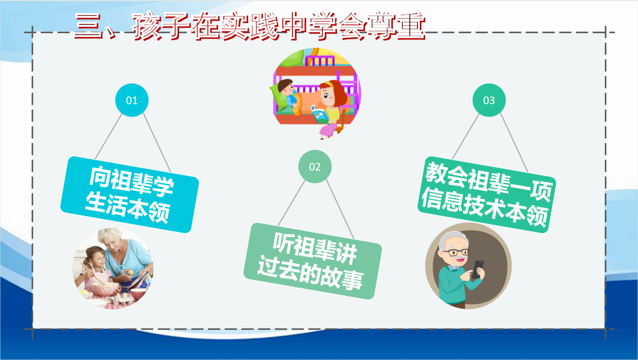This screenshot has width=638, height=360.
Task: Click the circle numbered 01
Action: click(132, 100)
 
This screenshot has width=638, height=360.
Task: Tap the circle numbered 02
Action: click(315, 167)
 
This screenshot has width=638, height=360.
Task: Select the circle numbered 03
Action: click(489, 100)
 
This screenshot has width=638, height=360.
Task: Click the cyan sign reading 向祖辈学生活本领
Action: click(129, 194)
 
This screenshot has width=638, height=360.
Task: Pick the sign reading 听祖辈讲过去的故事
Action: click(312, 261)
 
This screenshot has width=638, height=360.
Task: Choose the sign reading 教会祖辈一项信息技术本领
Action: click(487, 194)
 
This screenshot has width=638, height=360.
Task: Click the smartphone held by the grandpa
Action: click(478, 269)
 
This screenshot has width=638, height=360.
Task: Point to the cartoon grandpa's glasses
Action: click(455, 252)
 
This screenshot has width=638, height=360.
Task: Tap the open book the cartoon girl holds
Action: click(321, 115)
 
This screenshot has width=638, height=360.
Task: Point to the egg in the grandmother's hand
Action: click(130, 272)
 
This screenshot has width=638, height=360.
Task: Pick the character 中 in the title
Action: click(294, 26)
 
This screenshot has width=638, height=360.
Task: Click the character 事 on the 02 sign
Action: click(351, 280)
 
